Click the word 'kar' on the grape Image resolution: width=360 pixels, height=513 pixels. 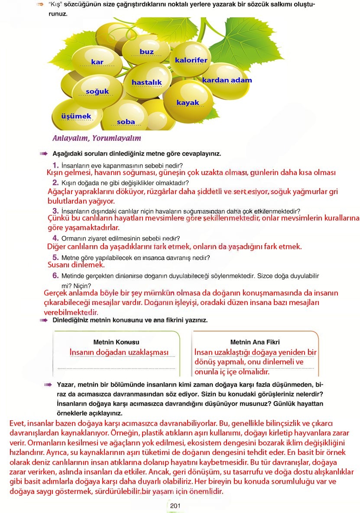[97, 62]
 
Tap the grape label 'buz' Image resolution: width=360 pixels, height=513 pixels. [146, 52]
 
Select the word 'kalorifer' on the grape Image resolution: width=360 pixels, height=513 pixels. [191, 60]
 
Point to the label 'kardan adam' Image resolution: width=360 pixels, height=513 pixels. [227, 80]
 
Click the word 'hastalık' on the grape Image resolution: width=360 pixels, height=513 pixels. [146, 82]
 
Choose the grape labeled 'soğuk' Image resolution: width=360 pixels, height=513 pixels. [97, 91]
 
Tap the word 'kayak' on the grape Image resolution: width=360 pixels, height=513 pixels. [188, 103]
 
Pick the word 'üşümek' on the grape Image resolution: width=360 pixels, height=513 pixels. [76, 116]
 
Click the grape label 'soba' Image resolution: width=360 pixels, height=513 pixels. [126, 122]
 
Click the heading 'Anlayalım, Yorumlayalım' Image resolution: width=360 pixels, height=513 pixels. [96, 138]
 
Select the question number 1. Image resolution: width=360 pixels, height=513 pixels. [55, 165]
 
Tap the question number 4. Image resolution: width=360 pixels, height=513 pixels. [55, 238]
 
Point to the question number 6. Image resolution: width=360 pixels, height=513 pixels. [55, 275]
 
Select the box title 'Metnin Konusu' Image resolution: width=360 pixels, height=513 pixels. [116, 342]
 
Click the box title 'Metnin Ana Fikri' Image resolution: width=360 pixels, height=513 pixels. [255, 342]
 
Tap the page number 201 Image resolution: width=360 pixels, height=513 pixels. [175, 505]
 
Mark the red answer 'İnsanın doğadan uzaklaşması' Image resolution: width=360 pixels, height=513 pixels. [119, 352]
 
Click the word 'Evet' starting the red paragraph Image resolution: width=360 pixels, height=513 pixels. [17, 422]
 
